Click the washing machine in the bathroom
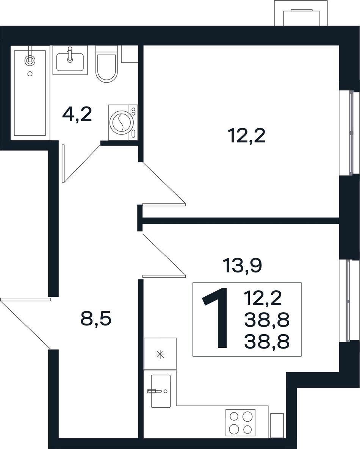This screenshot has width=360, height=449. point(123,122)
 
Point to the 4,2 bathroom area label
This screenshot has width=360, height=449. point(77,115)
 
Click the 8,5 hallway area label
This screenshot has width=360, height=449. point(95,319)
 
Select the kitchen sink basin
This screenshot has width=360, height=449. point(161,391)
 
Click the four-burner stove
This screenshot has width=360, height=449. point(240,422)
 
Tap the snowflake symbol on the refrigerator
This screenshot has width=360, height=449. point(160,354)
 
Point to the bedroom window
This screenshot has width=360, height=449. point(350,133)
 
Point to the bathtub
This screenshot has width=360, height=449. point(30,93)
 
